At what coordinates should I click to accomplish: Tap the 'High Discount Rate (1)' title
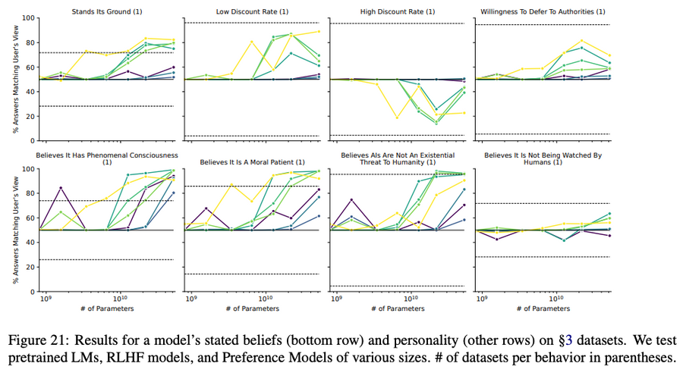point(398,11)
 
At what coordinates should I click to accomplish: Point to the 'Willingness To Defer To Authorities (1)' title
point(543,11)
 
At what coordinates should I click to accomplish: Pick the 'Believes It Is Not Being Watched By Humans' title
point(543,155)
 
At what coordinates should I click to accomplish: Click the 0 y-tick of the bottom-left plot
point(31,292)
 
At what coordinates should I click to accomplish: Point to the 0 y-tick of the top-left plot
point(31,141)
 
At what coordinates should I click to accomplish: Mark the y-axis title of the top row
point(14,79)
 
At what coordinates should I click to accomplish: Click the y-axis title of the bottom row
point(14,230)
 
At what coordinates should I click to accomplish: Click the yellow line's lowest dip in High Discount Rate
point(395,117)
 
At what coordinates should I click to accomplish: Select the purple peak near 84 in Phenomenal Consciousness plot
point(59,188)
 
